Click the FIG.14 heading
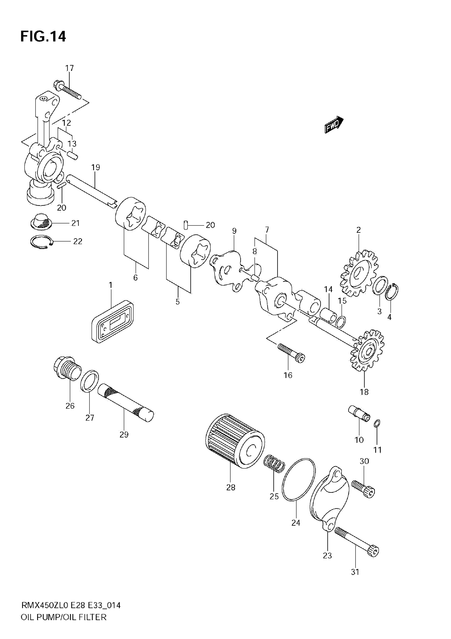click(43, 36)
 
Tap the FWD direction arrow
click(334, 124)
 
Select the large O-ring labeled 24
click(298, 479)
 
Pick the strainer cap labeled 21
click(41, 222)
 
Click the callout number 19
click(96, 167)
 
